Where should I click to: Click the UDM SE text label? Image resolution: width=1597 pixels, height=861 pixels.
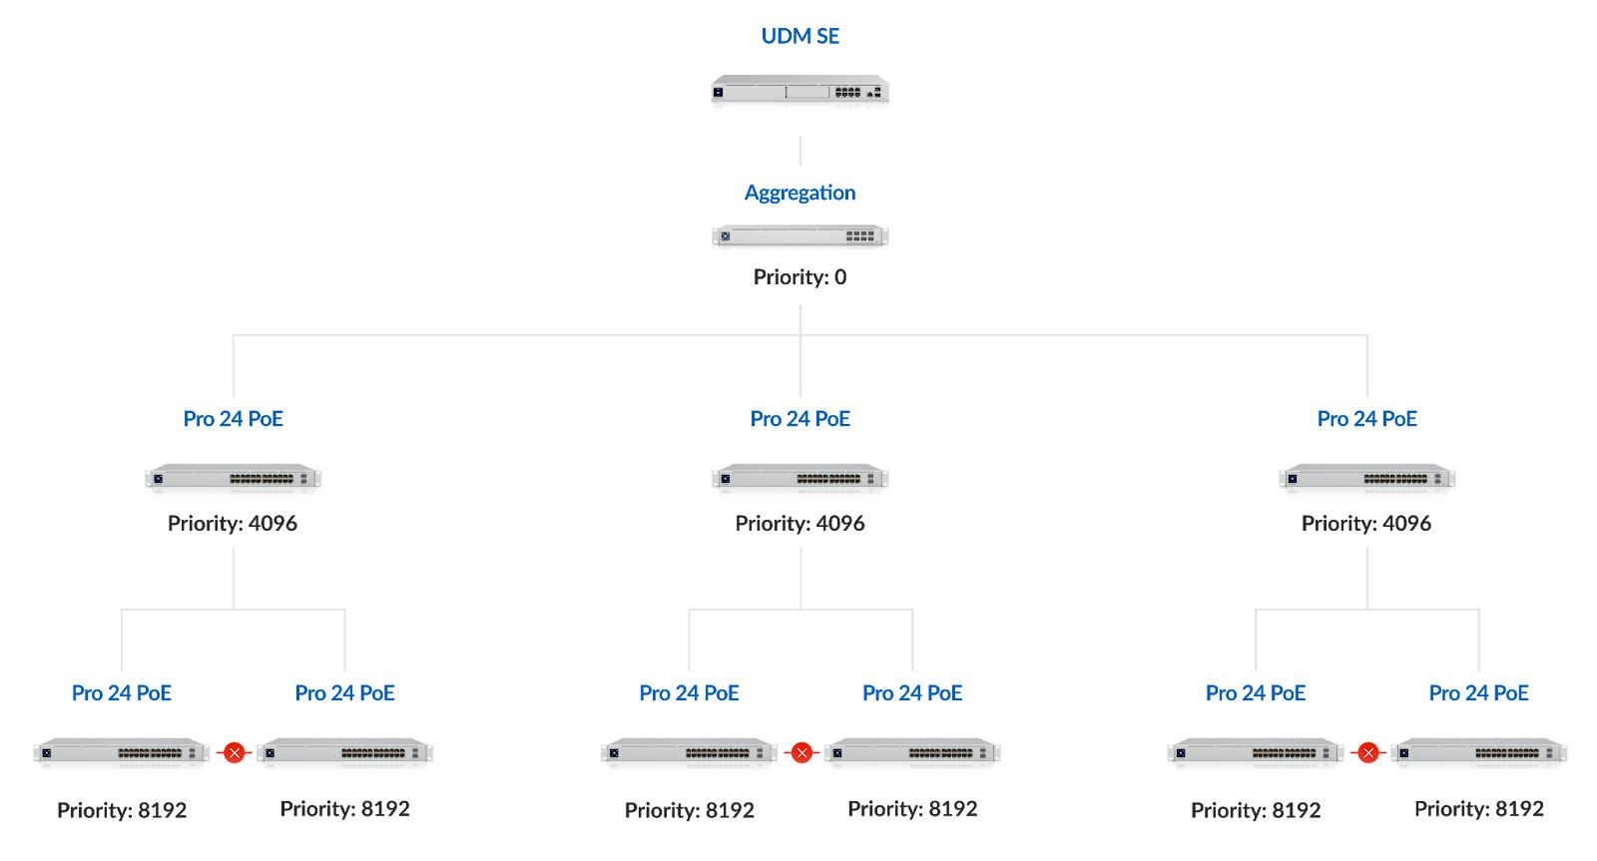pyautogui.click(x=800, y=36)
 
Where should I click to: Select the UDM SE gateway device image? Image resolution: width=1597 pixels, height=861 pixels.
pyautogui.click(x=799, y=96)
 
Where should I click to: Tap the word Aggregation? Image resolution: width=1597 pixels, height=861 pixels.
pyautogui.click(x=799, y=193)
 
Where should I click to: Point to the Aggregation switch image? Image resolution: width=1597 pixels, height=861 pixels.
pyautogui.click(x=799, y=239)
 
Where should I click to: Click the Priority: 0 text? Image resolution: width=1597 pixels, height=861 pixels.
pyautogui.click(x=799, y=277)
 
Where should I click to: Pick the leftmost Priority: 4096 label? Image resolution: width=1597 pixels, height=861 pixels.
pyautogui.click(x=233, y=523)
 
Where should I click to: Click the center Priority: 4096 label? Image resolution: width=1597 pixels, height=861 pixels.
pyautogui.click(x=799, y=523)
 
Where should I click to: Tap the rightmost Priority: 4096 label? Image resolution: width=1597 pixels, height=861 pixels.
pyautogui.click(x=1366, y=523)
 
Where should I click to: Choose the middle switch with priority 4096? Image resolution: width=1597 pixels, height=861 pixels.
pyautogui.click(x=799, y=480)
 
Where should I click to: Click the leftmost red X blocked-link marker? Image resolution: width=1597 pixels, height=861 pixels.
pyautogui.click(x=234, y=753)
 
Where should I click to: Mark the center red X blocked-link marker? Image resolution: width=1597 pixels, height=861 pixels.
pyautogui.click(x=801, y=753)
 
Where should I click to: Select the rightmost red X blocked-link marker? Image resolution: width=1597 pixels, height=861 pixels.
pyautogui.click(x=1368, y=753)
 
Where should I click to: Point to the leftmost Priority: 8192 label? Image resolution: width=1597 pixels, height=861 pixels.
pyautogui.click(x=122, y=810)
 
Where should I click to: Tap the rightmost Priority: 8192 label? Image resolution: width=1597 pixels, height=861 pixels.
pyautogui.click(x=1479, y=809)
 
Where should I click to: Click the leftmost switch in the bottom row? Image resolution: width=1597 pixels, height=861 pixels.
pyautogui.click(x=122, y=754)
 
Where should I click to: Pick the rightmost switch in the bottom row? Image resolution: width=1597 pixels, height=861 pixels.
pyautogui.click(x=1479, y=754)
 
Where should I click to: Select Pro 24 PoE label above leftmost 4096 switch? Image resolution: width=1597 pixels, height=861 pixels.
pyautogui.click(x=234, y=419)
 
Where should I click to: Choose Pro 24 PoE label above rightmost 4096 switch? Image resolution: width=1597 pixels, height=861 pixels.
pyautogui.click(x=1367, y=419)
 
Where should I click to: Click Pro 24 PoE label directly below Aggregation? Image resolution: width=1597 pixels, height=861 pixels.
pyautogui.click(x=800, y=419)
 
